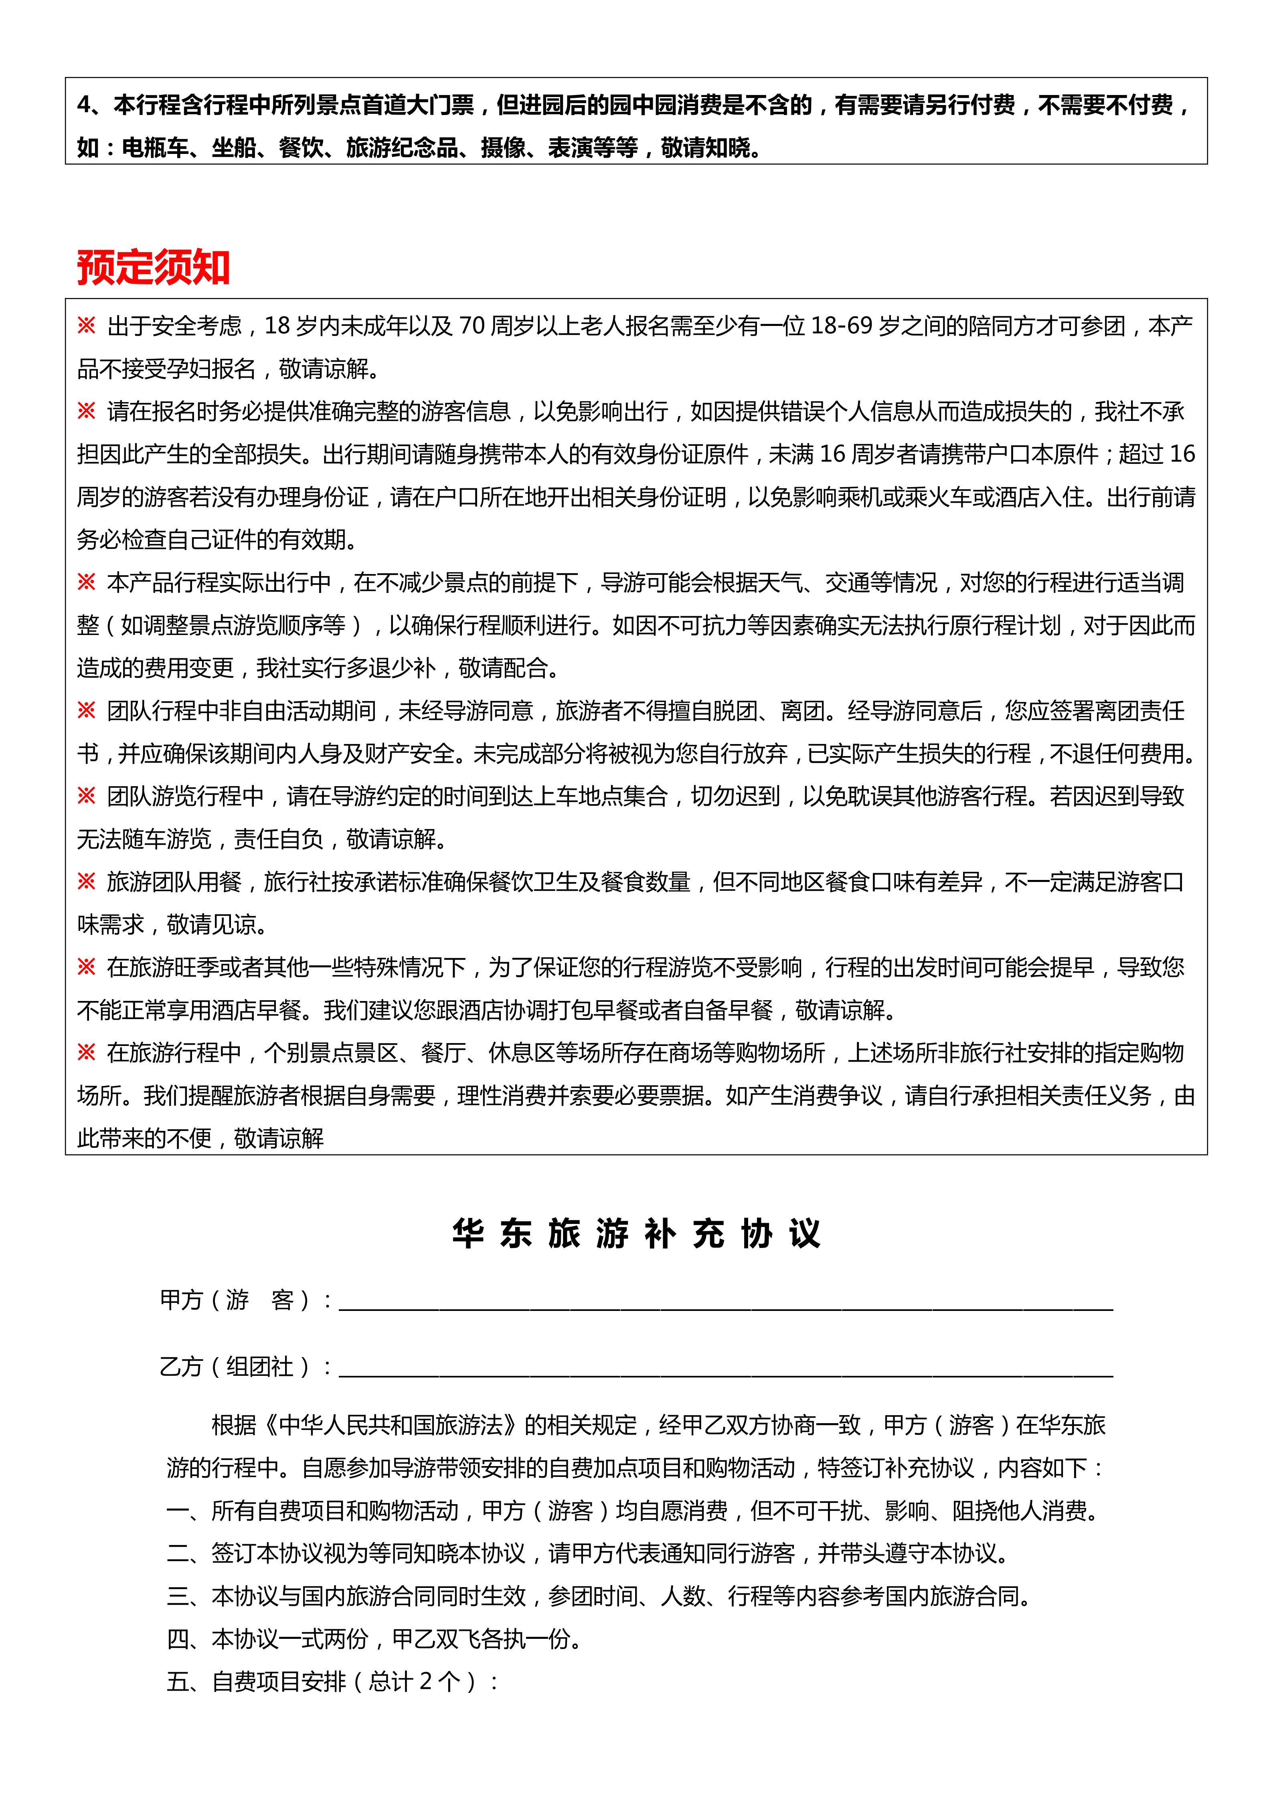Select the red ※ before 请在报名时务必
pyautogui.click(x=86, y=411)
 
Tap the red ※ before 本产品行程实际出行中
pyautogui.click(x=86, y=582)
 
